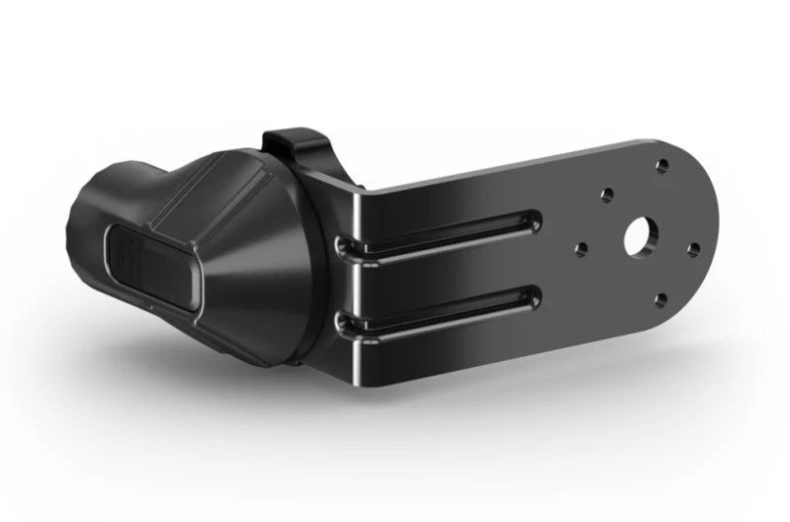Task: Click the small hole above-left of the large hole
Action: tap(605, 197)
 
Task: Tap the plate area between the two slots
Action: tap(445, 272)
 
